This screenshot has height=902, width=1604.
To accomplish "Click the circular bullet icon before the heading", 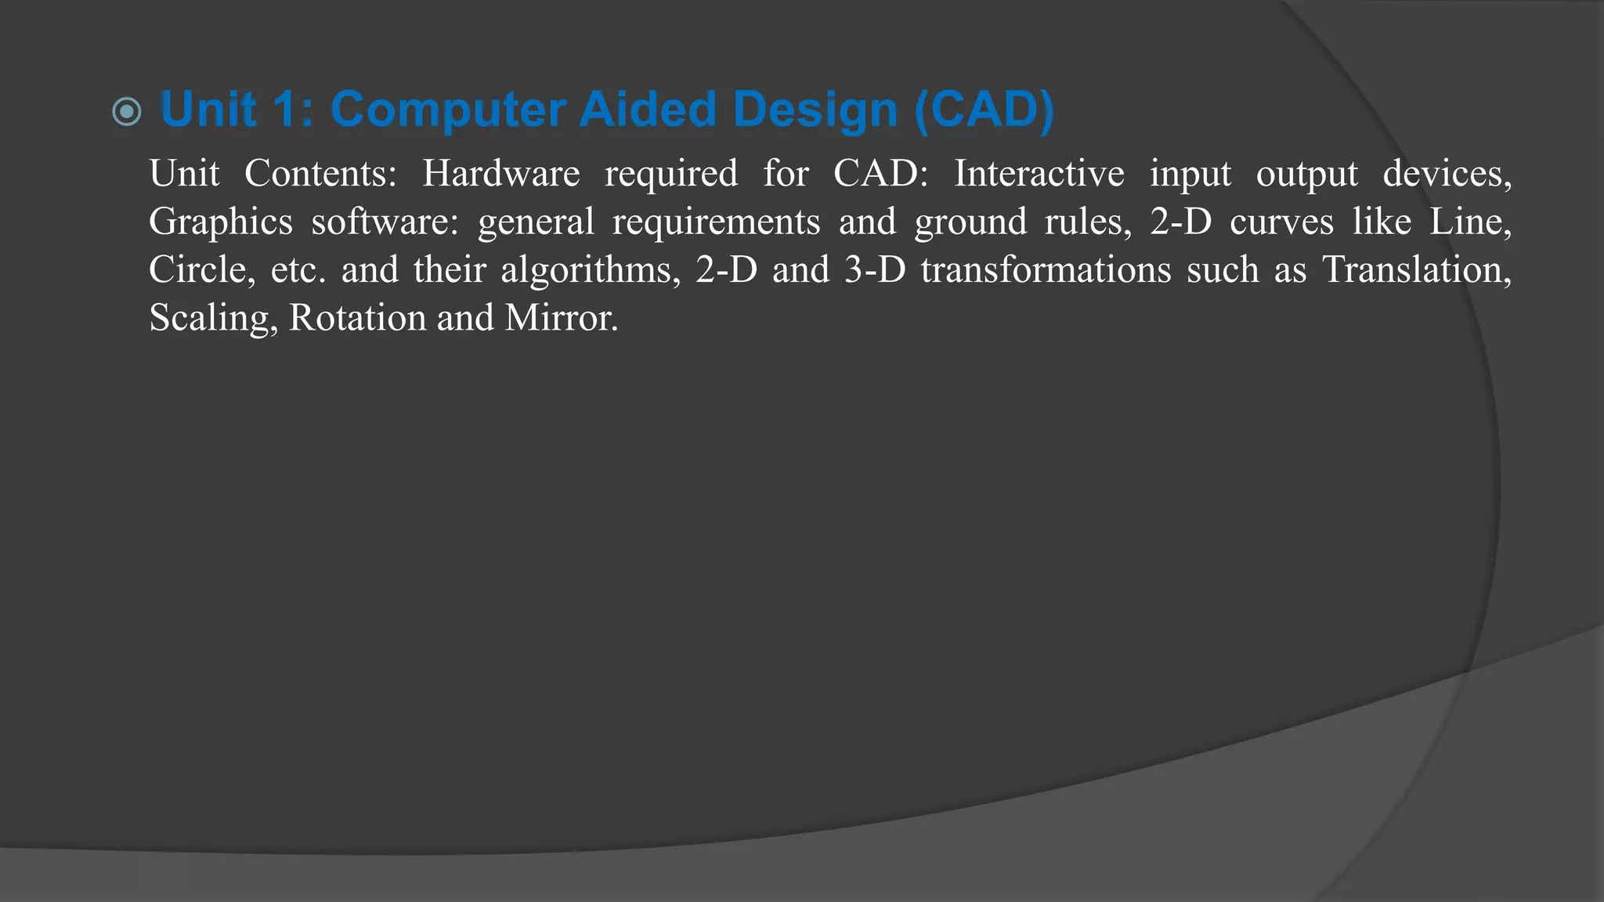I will (x=127, y=111).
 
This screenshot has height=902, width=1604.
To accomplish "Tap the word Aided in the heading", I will (x=648, y=110).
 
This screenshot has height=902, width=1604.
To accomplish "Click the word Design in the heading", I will (x=815, y=111).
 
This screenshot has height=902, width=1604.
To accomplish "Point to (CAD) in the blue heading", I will (x=984, y=110).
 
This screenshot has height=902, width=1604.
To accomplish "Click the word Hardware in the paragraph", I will (x=500, y=173).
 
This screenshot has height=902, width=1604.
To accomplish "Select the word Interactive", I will (x=1039, y=173).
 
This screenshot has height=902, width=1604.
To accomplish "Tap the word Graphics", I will (x=221, y=222).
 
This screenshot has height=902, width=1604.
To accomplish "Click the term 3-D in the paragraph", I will (x=875, y=270).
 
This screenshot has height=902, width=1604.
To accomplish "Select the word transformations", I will (x=1046, y=270).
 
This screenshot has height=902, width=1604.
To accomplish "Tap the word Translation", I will (x=1416, y=270).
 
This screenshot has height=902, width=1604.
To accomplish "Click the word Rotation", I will (x=356, y=318).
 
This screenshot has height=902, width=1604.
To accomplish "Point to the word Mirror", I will (x=561, y=318).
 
